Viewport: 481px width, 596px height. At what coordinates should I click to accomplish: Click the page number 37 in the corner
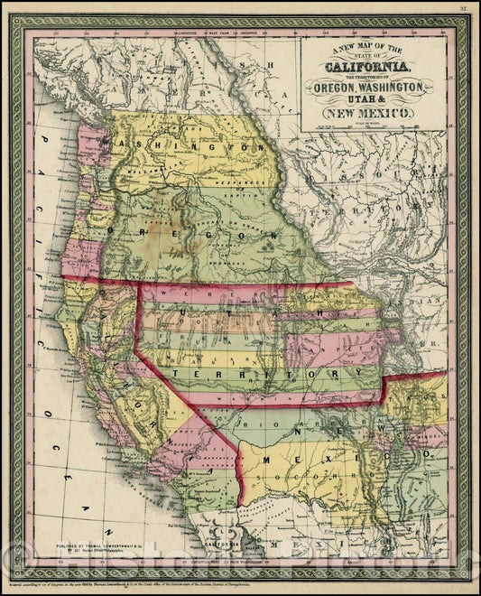[x=462, y=9]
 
